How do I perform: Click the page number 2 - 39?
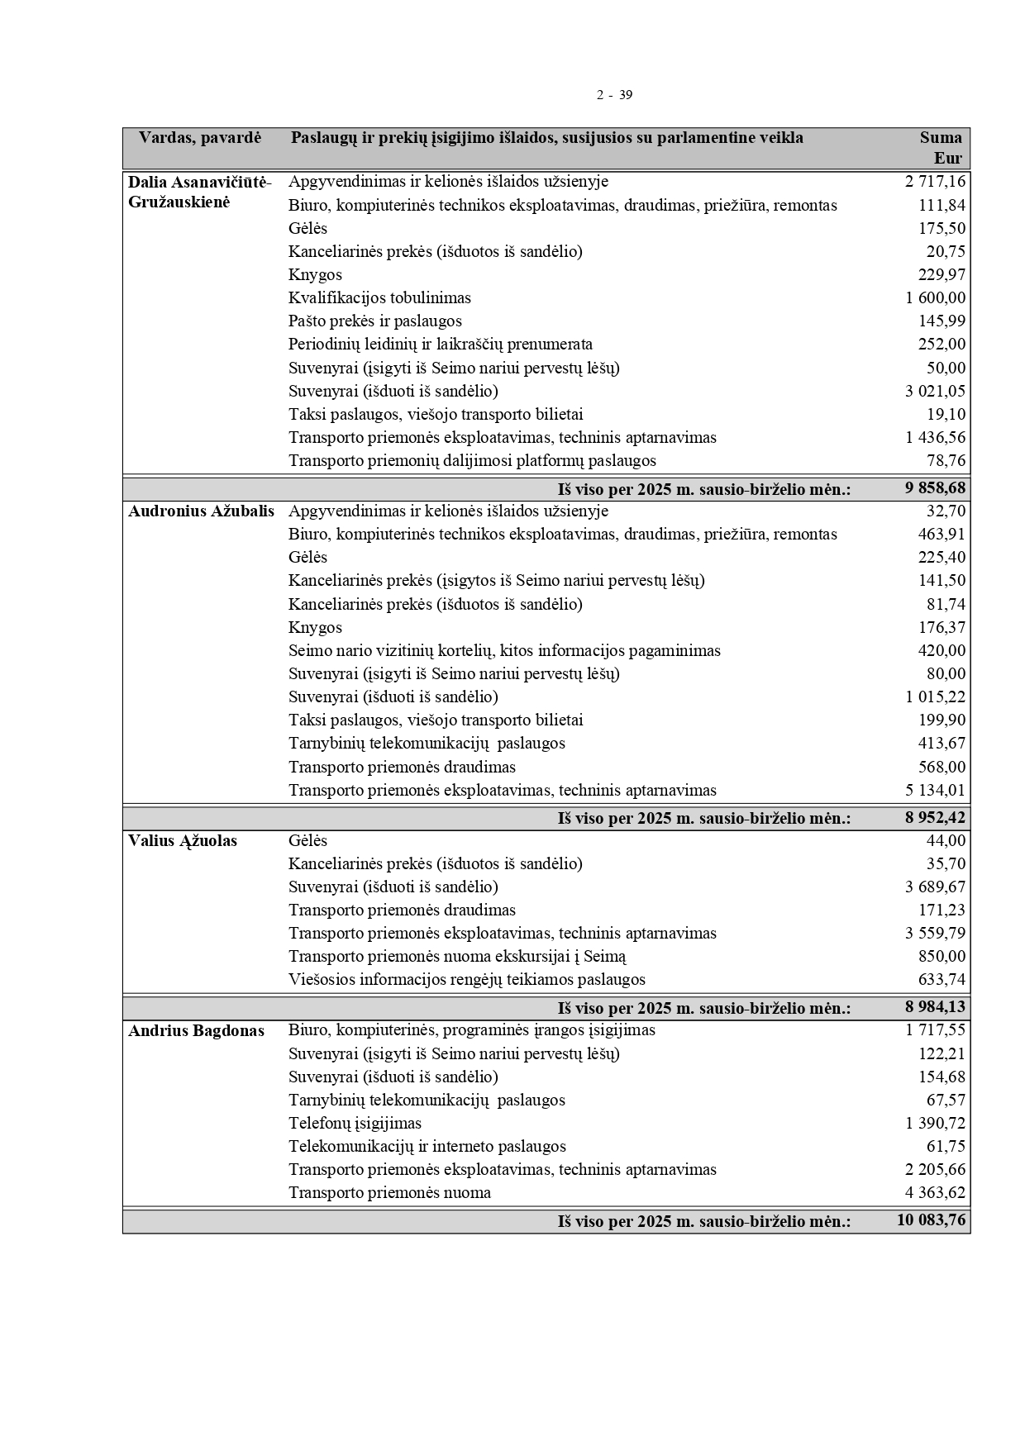614,95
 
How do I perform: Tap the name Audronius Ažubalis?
201,511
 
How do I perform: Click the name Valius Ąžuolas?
183,841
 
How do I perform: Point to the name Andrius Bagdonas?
196,1031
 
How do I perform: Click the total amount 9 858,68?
935,488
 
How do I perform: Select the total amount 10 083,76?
931,1220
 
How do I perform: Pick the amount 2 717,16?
935,182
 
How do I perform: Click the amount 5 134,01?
935,791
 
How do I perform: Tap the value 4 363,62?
935,1193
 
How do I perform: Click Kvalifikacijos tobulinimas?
379,298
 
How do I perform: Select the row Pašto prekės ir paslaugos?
374,321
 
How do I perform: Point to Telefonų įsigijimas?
355,1124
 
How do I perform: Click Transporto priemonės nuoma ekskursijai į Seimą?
457,957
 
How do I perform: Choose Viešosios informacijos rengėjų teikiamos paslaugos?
466,980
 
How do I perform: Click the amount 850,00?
942,957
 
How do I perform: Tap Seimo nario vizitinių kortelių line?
504,651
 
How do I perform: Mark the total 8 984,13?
935,1007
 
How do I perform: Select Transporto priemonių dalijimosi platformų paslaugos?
472,461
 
